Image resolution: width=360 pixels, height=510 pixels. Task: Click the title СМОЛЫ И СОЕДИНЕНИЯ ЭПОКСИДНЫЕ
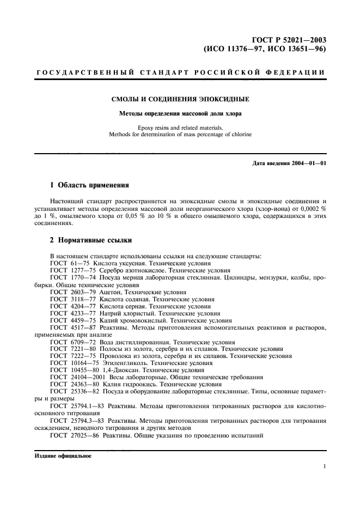(180, 99)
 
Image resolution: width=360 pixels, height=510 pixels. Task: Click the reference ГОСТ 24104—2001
(77, 377)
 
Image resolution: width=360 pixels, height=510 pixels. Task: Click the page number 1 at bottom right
(324, 466)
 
